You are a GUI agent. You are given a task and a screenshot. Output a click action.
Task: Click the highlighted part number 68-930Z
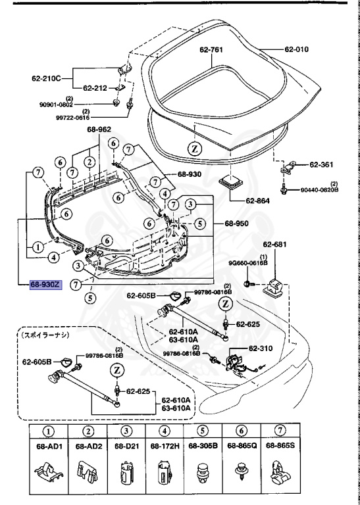tap(45, 285)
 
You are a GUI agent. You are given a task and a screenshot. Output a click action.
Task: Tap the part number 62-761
tap(213, 49)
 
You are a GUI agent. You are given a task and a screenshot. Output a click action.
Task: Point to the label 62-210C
tap(47, 78)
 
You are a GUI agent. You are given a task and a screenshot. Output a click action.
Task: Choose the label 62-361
tap(322, 165)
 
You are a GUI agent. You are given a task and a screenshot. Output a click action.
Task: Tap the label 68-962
tap(100, 130)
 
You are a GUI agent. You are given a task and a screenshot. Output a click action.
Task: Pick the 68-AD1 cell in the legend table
tap(49, 446)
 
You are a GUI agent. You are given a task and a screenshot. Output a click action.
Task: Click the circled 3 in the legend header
tap(124, 431)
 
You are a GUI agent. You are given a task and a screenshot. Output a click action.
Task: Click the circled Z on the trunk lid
tap(195, 149)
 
